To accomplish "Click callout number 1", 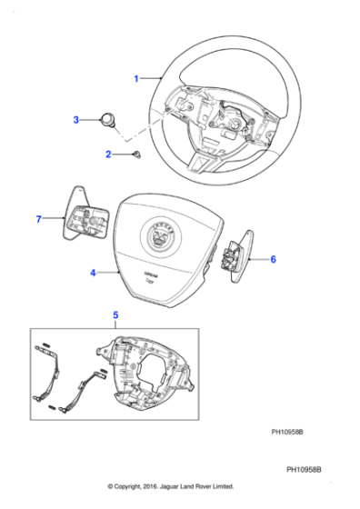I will pyautogui.click(x=136, y=79).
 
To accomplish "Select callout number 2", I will pyautogui.click(x=108, y=155).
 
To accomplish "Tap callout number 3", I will pyautogui.click(x=77, y=119).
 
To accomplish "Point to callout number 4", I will pyautogui.click(x=93, y=272).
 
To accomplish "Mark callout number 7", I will pyautogui.click(x=39, y=219).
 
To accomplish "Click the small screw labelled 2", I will pyautogui.click(x=135, y=155).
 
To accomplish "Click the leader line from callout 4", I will pyautogui.click(x=109, y=272).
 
